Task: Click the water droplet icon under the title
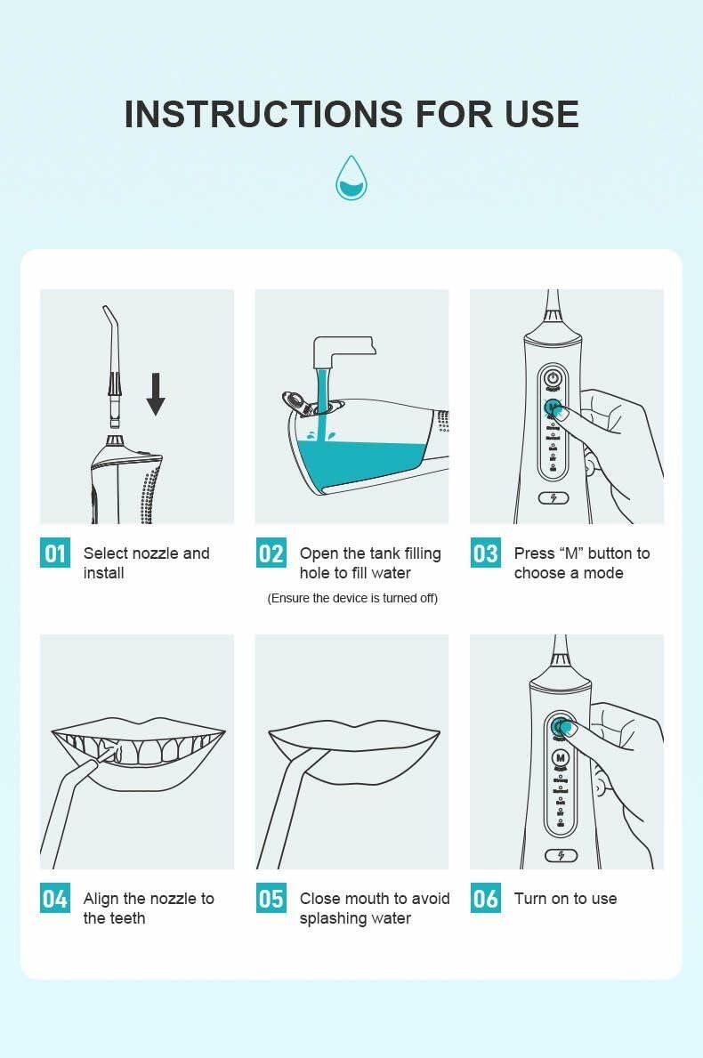tap(351, 177)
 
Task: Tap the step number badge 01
tap(55, 553)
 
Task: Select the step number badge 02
tap(271, 553)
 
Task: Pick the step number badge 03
tap(486, 553)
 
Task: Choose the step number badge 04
tap(55, 899)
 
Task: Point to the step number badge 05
tap(271, 899)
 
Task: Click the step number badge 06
tap(486, 899)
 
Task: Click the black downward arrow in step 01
tap(156, 394)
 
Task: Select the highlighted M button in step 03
tap(554, 408)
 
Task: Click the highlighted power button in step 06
tap(561, 727)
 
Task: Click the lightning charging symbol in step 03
tap(554, 498)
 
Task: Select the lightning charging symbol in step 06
tap(561, 855)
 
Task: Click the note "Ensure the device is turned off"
tap(352, 598)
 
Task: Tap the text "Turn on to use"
tap(565, 899)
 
